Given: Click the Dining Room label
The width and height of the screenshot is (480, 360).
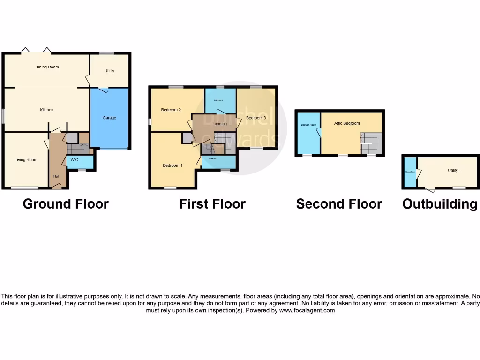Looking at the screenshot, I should [47, 67].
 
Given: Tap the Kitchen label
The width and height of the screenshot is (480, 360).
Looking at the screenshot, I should [46, 110].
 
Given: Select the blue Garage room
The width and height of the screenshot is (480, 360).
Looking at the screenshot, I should [109, 118].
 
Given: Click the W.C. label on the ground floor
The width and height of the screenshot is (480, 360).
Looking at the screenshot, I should [75, 160].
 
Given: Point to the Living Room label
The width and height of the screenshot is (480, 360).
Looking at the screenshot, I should [26, 160].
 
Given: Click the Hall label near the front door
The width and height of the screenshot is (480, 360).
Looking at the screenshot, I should [56, 176].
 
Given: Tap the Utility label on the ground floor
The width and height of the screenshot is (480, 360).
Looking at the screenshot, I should [109, 71].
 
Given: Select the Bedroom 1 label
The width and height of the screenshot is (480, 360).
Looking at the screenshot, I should [172, 165].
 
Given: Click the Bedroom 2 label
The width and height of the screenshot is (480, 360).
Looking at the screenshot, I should [171, 110].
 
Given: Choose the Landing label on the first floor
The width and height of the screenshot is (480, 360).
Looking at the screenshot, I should [219, 124].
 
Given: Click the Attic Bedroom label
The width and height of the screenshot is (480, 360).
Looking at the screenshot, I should [347, 123].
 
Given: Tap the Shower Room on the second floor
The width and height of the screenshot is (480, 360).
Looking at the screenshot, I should [308, 125].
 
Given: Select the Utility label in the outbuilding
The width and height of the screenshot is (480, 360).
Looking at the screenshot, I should [452, 171].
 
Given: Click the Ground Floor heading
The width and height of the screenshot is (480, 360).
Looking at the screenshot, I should [66, 204].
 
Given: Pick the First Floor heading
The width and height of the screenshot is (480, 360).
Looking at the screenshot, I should [212, 204].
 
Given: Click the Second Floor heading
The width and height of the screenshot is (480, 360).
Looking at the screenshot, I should [339, 204].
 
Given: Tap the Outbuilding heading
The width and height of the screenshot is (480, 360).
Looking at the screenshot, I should [440, 204].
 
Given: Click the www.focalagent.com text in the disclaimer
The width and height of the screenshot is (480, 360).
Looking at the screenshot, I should [307, 310].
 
